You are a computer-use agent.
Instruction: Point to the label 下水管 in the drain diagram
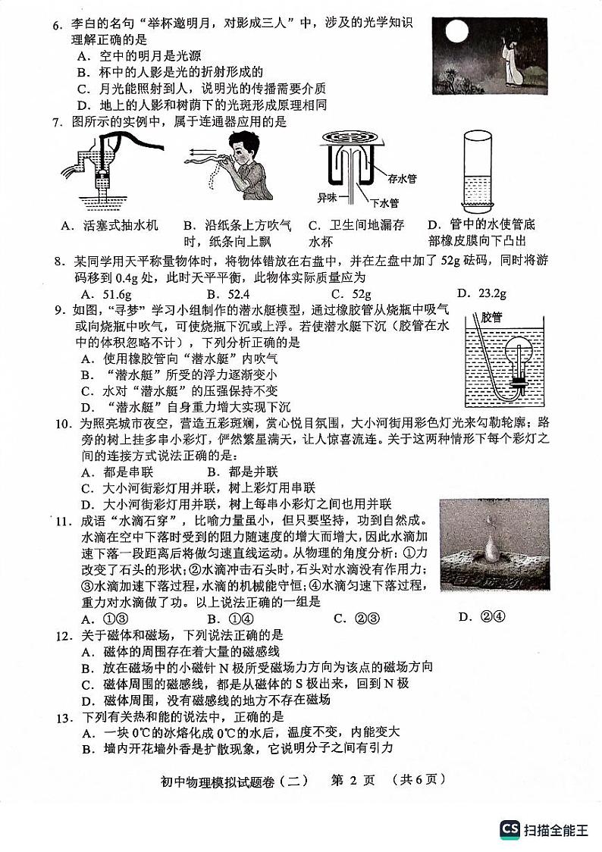tap(384, 202)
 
